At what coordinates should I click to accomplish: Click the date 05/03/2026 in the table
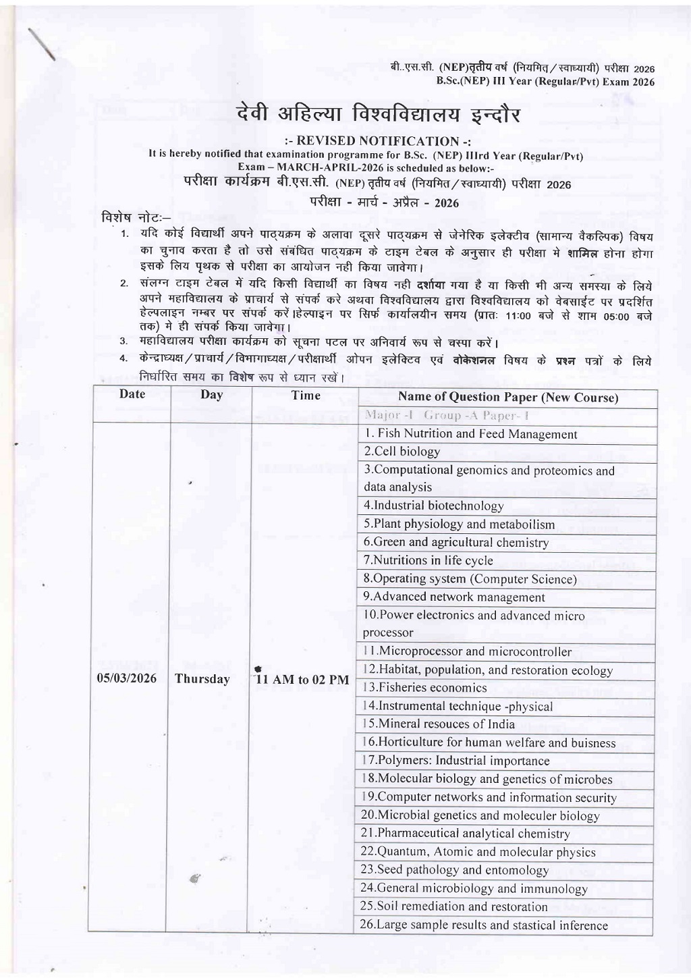(127, 678)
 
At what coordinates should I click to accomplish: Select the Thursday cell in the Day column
(202, 679)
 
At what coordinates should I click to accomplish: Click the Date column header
(132, 394)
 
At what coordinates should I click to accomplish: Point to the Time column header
(306, 396)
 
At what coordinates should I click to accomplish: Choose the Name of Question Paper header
(508, 397)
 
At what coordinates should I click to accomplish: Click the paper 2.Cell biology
(402, 452)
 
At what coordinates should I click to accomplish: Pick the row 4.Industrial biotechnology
(434, 506)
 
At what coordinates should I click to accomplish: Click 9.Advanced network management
(454, 597)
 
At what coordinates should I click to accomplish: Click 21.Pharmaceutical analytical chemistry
(466, 834)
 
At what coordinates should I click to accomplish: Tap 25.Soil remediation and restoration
(454, 906)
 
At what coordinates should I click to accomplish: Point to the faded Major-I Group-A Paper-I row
(439, 415)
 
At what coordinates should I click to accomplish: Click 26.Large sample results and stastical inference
(485, 925)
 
